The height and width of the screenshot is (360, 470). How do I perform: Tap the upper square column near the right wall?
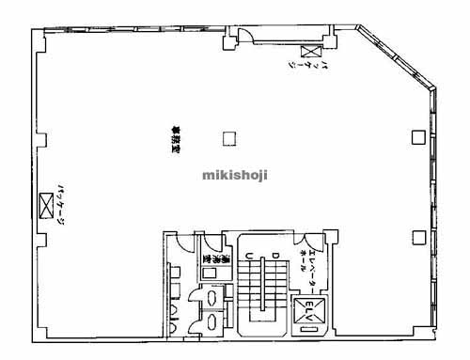coord(416,136)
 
